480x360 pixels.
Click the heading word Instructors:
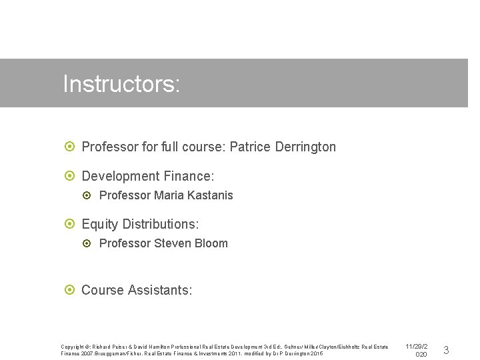(121, 85)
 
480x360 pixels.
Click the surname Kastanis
(210, 195)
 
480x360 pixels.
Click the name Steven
(172, 243)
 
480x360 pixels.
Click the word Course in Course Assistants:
(103, 290)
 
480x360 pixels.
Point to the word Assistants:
(160, 290)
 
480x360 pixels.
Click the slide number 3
(446, 350)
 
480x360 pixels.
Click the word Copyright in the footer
(74, 347)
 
